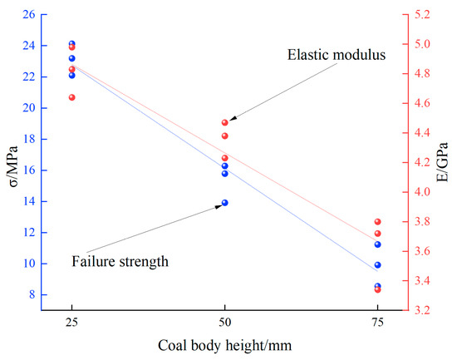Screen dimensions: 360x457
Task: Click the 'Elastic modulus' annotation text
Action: point(337,56)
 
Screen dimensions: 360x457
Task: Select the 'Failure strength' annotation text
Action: point(120,261)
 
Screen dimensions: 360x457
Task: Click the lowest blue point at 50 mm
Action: point(224,203)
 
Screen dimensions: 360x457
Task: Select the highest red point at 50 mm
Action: point(224,123)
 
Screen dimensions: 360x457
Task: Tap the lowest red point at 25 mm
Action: point(72,97)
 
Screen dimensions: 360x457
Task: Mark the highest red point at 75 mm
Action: point(377,222)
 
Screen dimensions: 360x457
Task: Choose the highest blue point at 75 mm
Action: point(377,244)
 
